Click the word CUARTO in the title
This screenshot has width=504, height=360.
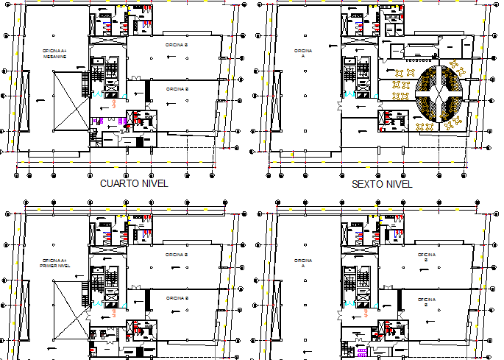pyautogui.click(x=117, y=184)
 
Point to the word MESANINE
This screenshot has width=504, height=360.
pyautogui.click(x=55, y=56)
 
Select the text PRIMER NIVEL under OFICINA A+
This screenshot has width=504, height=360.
pyautogui.click(x=55, y=265)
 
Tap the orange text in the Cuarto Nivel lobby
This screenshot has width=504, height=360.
pyautogui.click(x=118, y=105)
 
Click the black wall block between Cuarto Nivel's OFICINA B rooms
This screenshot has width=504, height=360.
pyautogui.click(x=149, y=91)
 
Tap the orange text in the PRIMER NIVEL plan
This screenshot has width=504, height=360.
pyautogui.click(x=118, y=313)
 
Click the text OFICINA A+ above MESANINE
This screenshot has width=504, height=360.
pyautogui.click(x=55, y=50)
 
